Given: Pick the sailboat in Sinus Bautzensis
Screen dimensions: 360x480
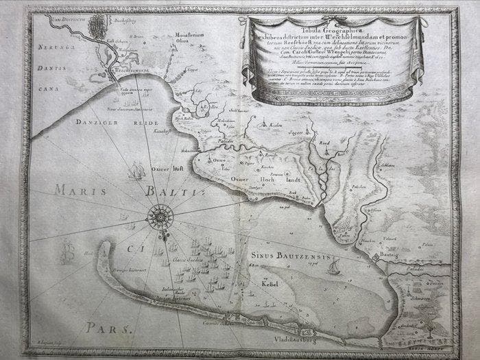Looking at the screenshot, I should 334,267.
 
